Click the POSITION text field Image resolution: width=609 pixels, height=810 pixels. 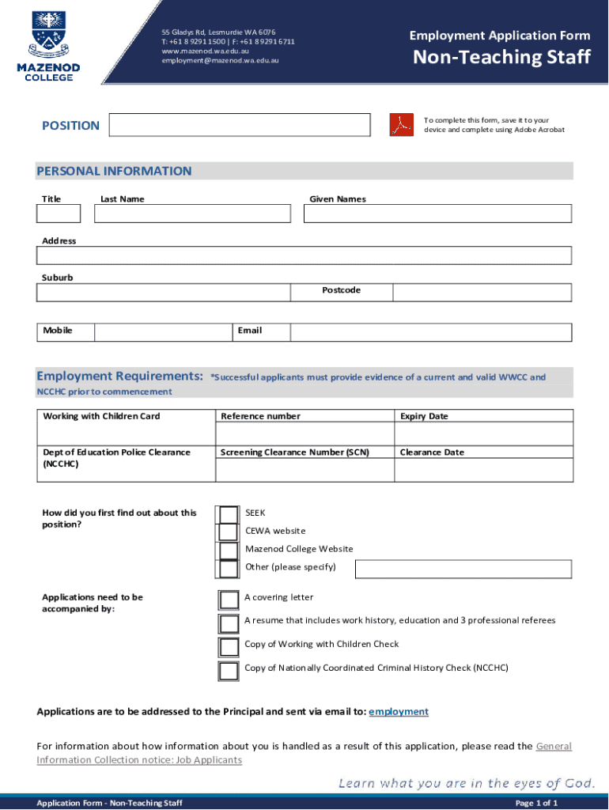[x=239, y=125]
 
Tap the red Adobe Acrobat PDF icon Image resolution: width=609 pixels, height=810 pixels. [x=402, y=125]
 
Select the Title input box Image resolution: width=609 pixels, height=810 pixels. [x=59, y=214]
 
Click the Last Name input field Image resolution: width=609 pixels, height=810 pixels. [x=192, y=214]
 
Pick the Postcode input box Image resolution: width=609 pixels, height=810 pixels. [x=482, y=292]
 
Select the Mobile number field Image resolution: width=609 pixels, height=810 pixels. [x=162, y=332]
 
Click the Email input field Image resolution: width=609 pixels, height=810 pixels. [x=430, y=332]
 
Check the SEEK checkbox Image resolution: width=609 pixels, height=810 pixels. [x=229, y=514]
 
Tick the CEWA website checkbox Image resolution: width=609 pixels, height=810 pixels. [x=229, y=532]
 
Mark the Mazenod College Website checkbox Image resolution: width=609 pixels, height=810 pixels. [x=229, y=551]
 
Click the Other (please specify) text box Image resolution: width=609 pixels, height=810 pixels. [x=463, y=569]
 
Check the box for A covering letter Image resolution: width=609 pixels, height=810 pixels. [x=229, y=599]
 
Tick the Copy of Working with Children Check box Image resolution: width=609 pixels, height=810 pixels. [x=229, y=646]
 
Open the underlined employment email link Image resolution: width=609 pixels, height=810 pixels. [x=399, y=712]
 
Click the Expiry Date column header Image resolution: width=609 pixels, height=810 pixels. [x=424, y=416]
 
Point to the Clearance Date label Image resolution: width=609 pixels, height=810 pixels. [x=432, y=452]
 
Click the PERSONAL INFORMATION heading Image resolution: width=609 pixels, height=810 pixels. [x=114, y=171]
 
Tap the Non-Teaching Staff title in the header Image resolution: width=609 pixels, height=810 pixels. [x=502, y=57]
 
